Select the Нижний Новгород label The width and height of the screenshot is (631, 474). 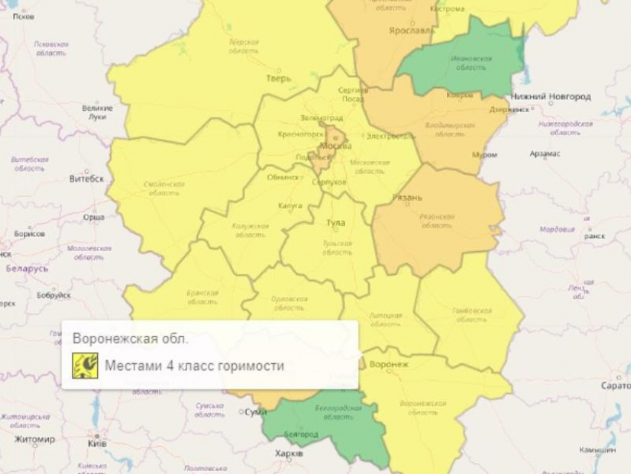pos(551,97)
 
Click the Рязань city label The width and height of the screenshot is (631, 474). pos(408,198)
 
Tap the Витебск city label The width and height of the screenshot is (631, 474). pos(86,178)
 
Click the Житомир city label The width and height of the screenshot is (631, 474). pos(34,439)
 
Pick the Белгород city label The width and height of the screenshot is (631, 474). pos(301,434)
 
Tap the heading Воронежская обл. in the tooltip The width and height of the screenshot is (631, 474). pos(131,339)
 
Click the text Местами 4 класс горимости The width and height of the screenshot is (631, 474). pos(194,366)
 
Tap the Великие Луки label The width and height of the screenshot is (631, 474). pos(97,112)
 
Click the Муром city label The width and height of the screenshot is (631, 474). pos(484,155)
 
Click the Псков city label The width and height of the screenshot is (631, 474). pos(23,16)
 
